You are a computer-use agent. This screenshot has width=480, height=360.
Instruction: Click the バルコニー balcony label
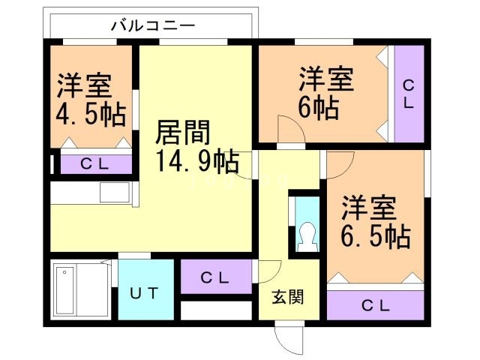pyautogui.click(x=153, y=25)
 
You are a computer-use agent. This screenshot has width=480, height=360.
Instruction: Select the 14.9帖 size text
pyautogui.click(x=197, y=160)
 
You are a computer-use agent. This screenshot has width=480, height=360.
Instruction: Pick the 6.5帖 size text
pyautogui.click(x=376, y=236)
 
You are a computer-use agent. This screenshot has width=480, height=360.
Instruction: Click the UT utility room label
pyautogui.click(x=146, y=293)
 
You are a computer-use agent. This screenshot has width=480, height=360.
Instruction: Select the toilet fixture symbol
pyautogui.click(x=306, y=238)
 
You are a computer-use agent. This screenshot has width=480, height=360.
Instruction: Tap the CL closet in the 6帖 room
pyautogui.click(x=409, y=94)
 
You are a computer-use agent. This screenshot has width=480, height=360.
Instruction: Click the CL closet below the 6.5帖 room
pyautogui.click(x=376, y=305)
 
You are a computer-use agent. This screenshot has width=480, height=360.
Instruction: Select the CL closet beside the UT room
pyautogui.click(x=215, y=277)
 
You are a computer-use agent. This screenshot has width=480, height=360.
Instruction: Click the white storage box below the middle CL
pyautogui.click(x=216, y=310)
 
